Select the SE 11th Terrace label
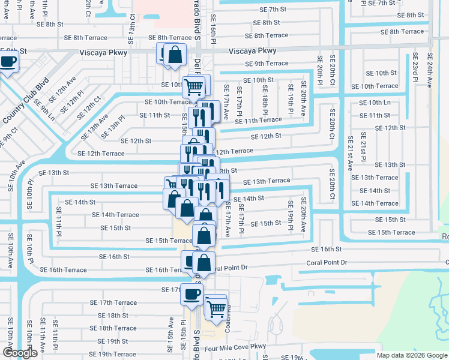tap(259, 120)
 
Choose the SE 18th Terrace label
tap(109, 328)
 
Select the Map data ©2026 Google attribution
tap(411, 355)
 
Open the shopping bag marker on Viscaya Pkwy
tap(174, 55)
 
